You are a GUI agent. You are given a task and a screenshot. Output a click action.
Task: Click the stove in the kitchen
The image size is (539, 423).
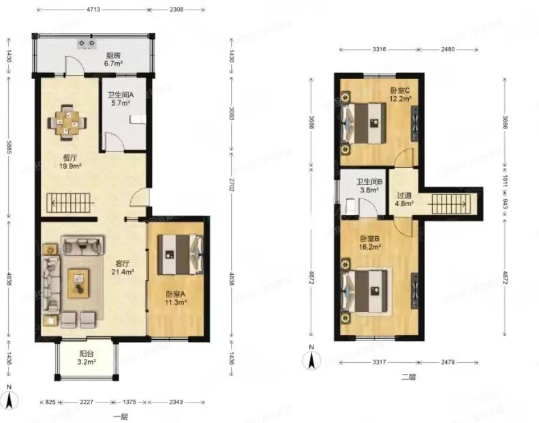click(87, 44)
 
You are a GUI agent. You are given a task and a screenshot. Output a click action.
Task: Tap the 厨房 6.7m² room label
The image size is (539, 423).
click(113, 60)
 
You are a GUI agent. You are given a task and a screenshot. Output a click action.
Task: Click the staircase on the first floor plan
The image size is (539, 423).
click(68, 203)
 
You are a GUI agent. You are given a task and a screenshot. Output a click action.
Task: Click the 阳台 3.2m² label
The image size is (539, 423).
click(87, 358)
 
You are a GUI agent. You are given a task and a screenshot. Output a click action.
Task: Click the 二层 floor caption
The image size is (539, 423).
click(409, 375)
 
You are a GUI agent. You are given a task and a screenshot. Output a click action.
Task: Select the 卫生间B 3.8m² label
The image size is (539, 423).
click(369, 187)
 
